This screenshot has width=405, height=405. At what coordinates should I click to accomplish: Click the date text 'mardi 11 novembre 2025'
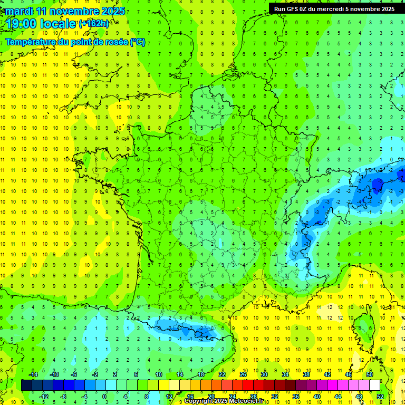click(x=66, y=11)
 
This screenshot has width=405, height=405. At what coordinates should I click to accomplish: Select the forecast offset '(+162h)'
click(x=94, y=24)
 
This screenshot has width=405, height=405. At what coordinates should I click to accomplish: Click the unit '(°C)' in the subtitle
click(x=137, y=42)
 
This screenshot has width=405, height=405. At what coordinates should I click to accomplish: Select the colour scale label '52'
click(x=380, y=397)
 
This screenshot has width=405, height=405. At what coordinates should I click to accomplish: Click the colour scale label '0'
click(x=104, y=397)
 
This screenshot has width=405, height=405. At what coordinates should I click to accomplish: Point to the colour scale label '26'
click(x=243, y=374)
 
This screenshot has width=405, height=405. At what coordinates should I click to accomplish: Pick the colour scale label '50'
click(x=369, y=374)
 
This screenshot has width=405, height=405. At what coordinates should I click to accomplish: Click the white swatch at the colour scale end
click(x=374, y=385)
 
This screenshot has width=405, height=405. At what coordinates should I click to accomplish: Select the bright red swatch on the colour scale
click(x=248, y=385)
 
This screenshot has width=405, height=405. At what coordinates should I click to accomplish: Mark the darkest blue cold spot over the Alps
click(x=378, y=184)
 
